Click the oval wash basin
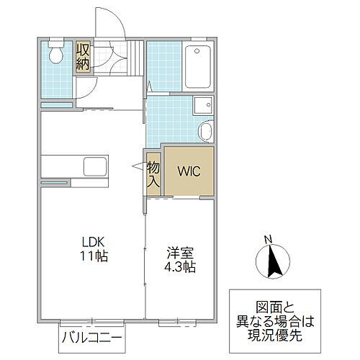pyautogui.click(x=205, y=132)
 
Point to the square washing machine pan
pyautogui.click(x=201, y=104)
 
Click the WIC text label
pyautogui.click(x=189, y=173)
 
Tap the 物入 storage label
pyautogui.click(x=153, y=174)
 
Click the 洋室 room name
pyautogui.click(x=181, y=253)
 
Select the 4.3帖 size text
pyautogui.click(x=181, y=266)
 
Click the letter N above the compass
pyautogui.click(x=267, y=240)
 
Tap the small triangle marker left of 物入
pyautogui.click(x=138, y=166)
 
